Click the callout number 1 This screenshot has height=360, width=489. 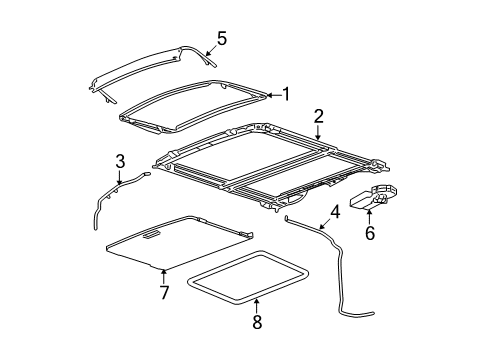286,95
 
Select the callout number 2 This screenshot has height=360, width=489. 318,118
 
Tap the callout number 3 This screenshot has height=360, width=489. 119,160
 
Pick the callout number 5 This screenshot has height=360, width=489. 222,39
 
